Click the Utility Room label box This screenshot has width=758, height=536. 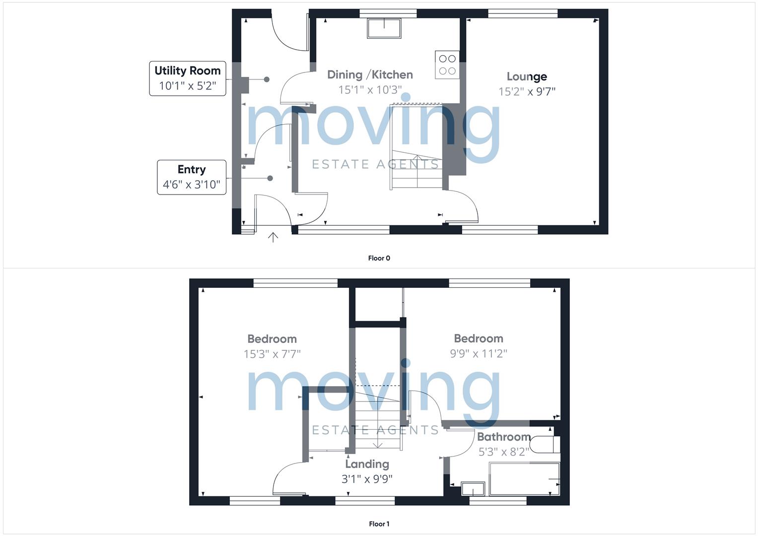pos(188,78)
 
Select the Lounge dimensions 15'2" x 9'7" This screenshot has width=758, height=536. pos(527,92)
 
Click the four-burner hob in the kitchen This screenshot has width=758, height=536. pos(447,65)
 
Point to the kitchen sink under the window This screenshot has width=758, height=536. pos(384,28)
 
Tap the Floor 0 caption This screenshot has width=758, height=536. pos(379,258)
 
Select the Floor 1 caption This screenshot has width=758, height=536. pos(379,524)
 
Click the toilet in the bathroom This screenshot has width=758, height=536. pos(545,445)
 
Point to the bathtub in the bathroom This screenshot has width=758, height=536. pos(524,479)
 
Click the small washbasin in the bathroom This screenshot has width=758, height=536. pos(473,489)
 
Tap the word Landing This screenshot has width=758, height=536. pos(367,464)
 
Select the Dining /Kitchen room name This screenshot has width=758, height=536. pos(370,74)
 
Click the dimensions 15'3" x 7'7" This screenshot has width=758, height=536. pos(272,354)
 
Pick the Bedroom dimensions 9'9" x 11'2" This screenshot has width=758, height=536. pos(479,353)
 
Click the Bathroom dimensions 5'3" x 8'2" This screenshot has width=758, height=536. pos(503,452)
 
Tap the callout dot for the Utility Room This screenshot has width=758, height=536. pos(267,79)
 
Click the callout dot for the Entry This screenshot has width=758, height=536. pos(270,178)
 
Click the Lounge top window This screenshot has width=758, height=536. pos(523,13)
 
